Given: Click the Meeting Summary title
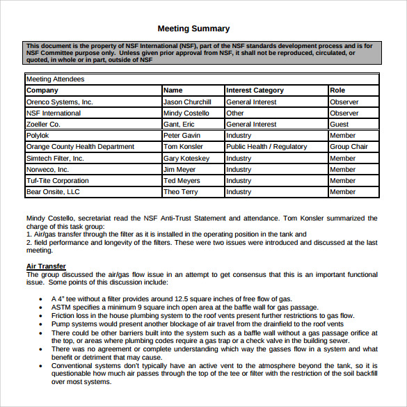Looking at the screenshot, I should pos(193,29).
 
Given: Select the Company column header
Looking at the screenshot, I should pos(42,90).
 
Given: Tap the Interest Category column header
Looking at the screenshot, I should pos(255,90).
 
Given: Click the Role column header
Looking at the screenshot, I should pos(337,90).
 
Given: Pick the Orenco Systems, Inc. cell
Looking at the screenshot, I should pos(59,102).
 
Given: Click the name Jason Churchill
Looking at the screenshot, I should pos(186,102).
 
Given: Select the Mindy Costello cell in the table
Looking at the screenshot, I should pos(186,113).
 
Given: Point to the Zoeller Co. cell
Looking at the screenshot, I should pos(43,124).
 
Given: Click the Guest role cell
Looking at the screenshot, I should pos(340,124).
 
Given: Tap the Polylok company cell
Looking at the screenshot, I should pos(38,136).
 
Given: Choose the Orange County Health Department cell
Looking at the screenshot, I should pos(80,147).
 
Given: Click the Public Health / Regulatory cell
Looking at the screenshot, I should pos(266,147).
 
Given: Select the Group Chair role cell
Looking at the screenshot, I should pos(349,147).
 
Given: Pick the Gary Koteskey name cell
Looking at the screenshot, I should pos(186,158).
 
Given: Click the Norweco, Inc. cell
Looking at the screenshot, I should pos(47,169).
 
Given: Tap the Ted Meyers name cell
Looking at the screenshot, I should pos(182,181).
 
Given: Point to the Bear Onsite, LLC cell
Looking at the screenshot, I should pos(53,192).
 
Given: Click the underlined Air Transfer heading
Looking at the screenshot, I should pos(46,266).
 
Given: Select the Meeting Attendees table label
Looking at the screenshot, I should pos(55,79).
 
